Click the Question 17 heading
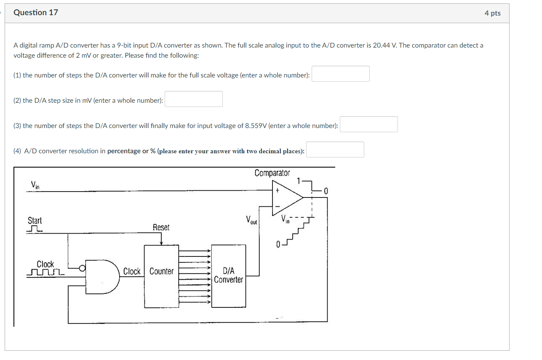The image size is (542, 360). [36, 13]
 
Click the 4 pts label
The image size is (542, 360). [492, 13]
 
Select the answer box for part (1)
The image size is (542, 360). [341, 74]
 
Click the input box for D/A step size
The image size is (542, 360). [193, 99]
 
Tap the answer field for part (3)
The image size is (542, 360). [368, 124]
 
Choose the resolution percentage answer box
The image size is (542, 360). [335, 149]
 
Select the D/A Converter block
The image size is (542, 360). [228, 276]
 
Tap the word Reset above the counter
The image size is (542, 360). [161, 227]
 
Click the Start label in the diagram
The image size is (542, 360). [35, 221]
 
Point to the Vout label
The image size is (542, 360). [252, 219]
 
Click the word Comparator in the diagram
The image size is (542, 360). [272, 173]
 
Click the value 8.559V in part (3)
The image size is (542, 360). [255, 125]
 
